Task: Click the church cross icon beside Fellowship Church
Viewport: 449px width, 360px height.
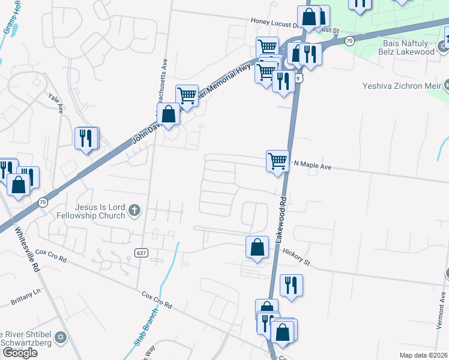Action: (x=134, y=210)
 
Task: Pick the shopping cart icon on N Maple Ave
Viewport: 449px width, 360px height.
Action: (x=277, y=161)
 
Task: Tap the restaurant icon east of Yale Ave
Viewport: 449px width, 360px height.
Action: (x=86, y=138)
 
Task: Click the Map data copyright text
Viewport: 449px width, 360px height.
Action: (x=424, y=355)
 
